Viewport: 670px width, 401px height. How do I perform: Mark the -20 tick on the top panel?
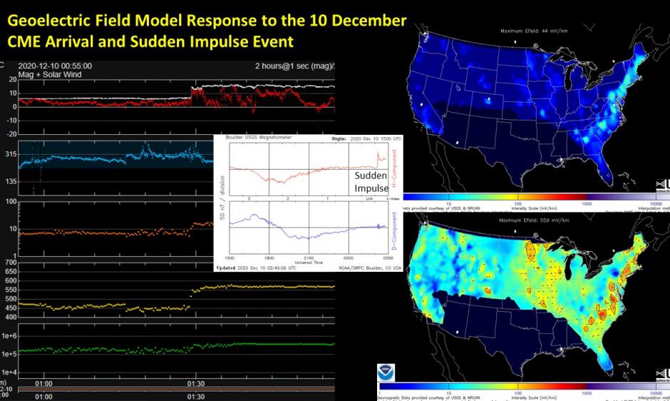click(x=11, y=133)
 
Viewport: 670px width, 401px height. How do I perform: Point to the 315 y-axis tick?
click(x=11, y=154)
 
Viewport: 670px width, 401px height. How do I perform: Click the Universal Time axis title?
click(x=308, y=262)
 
